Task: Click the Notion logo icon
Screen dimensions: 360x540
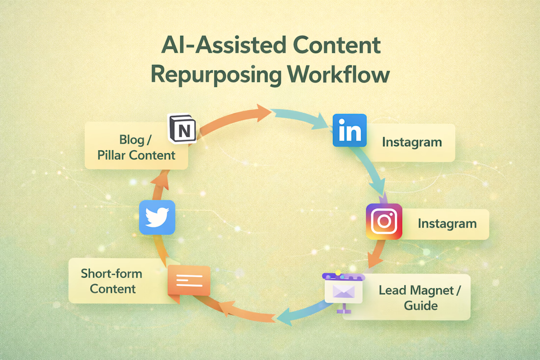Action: click(x=182, y=129)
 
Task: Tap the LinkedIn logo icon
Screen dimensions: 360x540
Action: click(x=350, y=131)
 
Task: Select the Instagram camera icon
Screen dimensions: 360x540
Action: click(x=384, y=222)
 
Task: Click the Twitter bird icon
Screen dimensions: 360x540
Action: click(x=157, y=217)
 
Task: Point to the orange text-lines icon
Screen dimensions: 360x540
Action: click(x=189, y=281)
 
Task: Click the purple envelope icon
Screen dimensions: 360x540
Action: click(x=344, y=292)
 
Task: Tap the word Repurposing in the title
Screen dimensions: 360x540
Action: click(x=216, y=75)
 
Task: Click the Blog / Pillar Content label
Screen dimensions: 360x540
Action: click(x=136, y=147)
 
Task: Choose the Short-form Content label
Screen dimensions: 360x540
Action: click(x=111, y=280)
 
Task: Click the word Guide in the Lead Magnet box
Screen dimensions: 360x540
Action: click(x=421, y=305)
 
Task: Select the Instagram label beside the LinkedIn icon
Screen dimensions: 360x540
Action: click(x=412, y=142)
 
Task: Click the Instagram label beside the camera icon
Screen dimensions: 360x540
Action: click(x=447, y=223)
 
